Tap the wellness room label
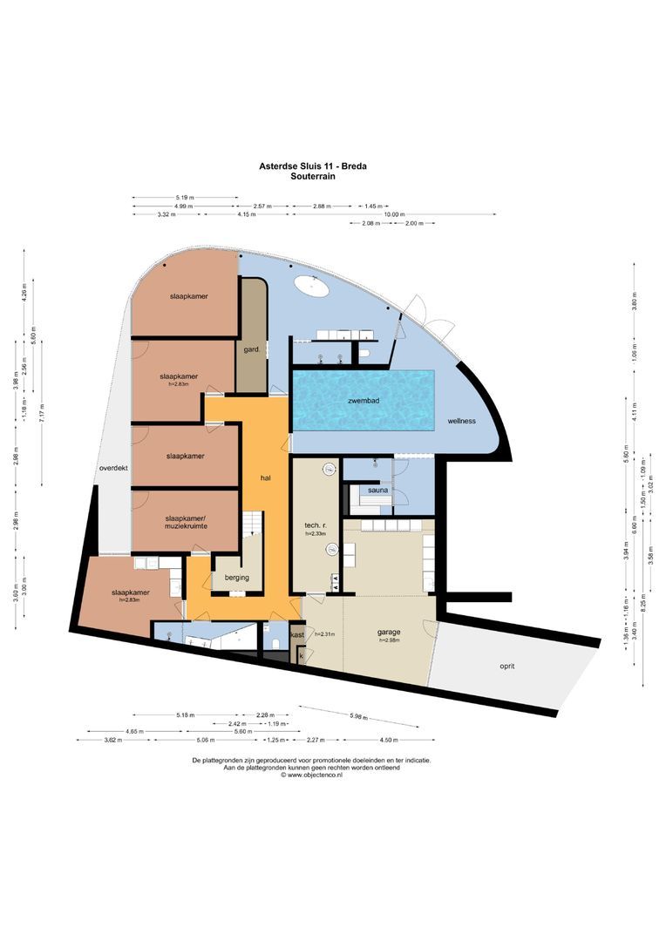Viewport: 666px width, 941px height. (x=461, y=421)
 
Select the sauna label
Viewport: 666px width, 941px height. (x=377, y=491)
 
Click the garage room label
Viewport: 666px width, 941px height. (x=389, y=633)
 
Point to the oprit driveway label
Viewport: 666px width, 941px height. (x=507, y=666)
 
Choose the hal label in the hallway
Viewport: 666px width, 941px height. (x=267, y=478)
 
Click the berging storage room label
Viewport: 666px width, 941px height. (x=236, y=577)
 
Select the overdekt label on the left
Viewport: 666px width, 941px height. (x=114, y=468)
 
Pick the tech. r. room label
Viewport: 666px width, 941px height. (x=315, y=528)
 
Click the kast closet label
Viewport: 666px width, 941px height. (x=298, y=635)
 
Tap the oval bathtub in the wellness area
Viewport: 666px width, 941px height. (x=309, y=284)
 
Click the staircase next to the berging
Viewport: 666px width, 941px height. (x=252, y=524)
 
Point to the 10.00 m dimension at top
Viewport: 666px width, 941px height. (x=396, y=214)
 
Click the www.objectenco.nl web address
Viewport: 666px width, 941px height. (x=314, y=775)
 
